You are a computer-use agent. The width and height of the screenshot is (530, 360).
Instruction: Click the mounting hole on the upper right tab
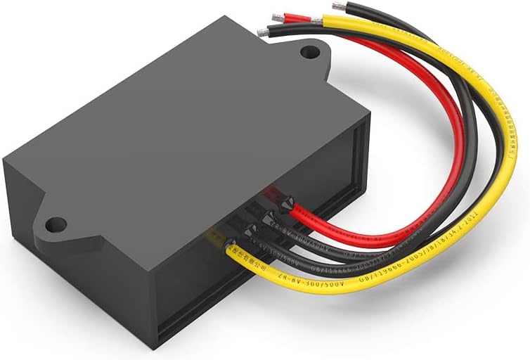(308, 51)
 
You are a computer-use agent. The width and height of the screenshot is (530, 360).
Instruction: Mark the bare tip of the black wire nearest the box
(264, 32)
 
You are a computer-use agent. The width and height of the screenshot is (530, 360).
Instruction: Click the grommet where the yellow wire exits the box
(230, 246)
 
